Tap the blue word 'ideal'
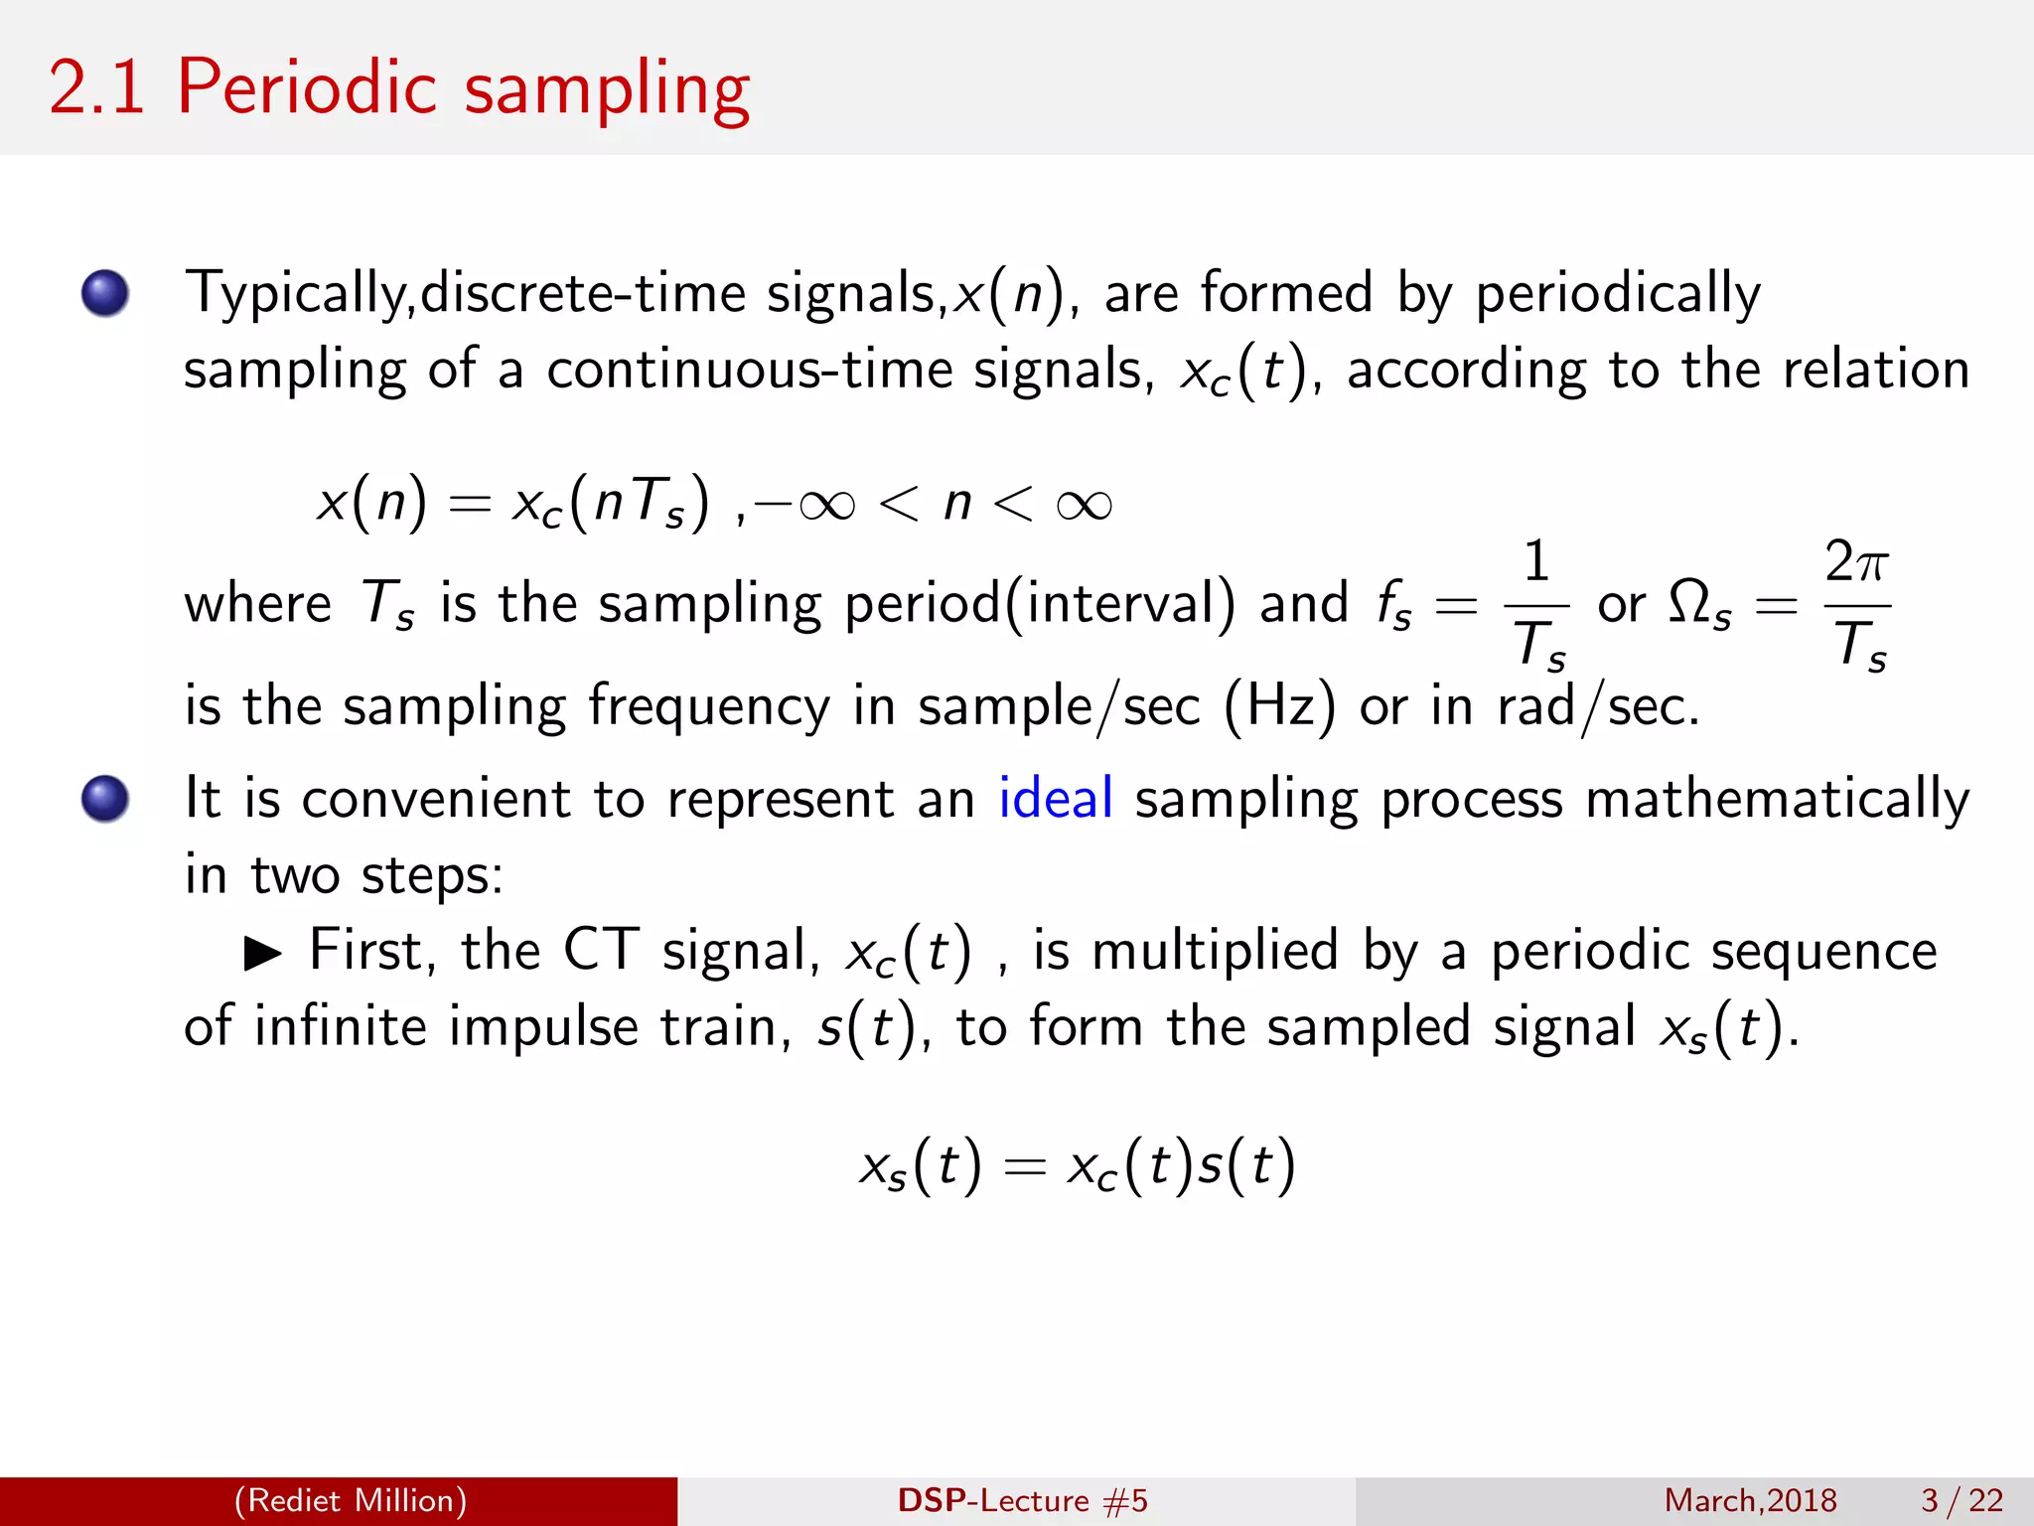click(x=1055, y=799)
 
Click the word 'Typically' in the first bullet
click(x=297, y=294)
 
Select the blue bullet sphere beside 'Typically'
click(x=105, y=293)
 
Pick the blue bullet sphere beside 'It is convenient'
click(x=105, y=799)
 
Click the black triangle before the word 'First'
click(x=263, y=954)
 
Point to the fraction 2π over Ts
click(x=1857, y=604)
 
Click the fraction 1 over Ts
click(x=1536, y=604)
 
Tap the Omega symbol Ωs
click(x=1699, y=604)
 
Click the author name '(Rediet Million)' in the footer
click(x=350, y=1500)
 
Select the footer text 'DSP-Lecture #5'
click(x=1022, y=1500)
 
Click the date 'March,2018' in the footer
click(x=1750, y=1500)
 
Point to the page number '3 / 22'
click(x=1961, y=1500)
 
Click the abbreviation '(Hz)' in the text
click(x=1279, y=707)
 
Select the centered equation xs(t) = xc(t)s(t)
click(x=1078, y=1165)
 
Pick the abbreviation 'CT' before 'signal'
click(x=601, y=950)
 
